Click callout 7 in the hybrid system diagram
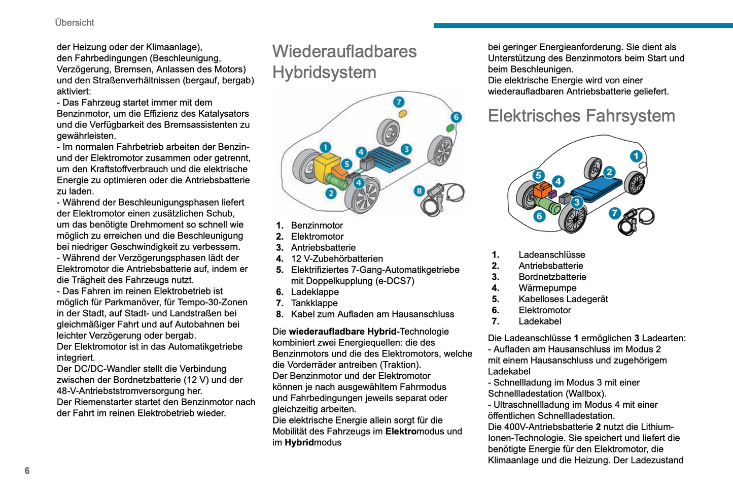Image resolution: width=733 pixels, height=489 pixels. coord(399,102)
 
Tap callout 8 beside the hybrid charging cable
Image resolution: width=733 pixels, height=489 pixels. coord(419,191)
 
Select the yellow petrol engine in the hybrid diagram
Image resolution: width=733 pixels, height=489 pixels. coord(327,166)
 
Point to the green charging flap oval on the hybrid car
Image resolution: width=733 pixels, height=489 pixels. coord(450,128)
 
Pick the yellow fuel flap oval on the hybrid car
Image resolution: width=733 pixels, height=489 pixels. coord(403,113)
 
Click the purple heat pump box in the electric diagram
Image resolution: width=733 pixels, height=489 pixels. coord(552,194)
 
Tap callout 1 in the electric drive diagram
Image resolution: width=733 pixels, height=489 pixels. coord(636,156)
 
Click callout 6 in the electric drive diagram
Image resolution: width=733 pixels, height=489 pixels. coord(539,216)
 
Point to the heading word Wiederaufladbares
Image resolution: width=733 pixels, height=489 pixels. coord(344,51)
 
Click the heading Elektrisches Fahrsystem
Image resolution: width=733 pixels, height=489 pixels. coord(581,116)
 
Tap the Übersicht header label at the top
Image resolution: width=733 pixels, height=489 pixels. coord(75,22)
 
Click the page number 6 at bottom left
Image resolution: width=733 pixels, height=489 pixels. coord(27,471)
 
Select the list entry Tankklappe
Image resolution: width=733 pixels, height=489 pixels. coord(314,303)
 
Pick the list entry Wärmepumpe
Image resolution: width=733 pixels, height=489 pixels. coord(547,288)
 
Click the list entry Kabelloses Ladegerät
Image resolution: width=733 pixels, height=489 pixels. coord(563,299)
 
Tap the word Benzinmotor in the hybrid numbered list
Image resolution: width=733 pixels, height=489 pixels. coord(317,225)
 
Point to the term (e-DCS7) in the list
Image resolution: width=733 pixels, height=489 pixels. coord(395,281)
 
